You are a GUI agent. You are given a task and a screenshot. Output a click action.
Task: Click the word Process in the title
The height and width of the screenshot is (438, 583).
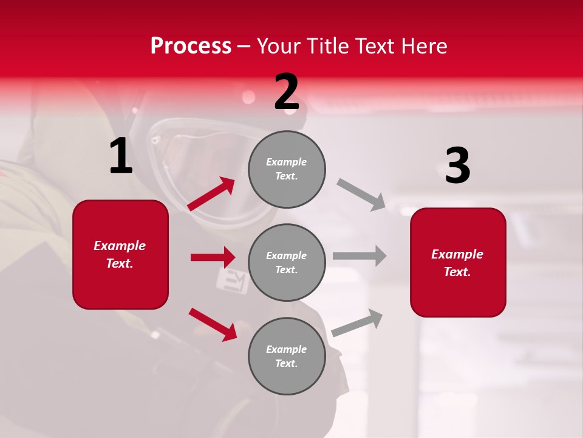[x=191, y=46]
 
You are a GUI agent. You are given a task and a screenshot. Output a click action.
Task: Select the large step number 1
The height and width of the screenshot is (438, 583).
[x=121, y=156]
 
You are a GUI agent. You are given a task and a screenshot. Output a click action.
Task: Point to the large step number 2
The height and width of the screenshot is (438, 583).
[x=287, y=92]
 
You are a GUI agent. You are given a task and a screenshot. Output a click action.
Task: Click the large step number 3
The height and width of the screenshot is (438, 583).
[x=457, y=165]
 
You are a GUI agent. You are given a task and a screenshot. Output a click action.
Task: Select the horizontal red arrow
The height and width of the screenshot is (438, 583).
[x=213, y=257]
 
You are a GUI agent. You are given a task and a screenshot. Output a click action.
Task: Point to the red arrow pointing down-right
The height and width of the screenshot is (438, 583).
[x=213, y=324]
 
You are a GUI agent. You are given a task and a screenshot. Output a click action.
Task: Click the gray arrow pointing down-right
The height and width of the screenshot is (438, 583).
[x=361, y=195]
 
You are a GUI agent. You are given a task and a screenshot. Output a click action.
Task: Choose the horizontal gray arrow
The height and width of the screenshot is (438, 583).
[x=360, y=255]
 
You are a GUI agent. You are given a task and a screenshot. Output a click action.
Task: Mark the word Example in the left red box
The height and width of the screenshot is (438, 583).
[x=120, y=246]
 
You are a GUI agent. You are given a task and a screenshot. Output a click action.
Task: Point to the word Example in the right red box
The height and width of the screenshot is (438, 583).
[x=457, y=254]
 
